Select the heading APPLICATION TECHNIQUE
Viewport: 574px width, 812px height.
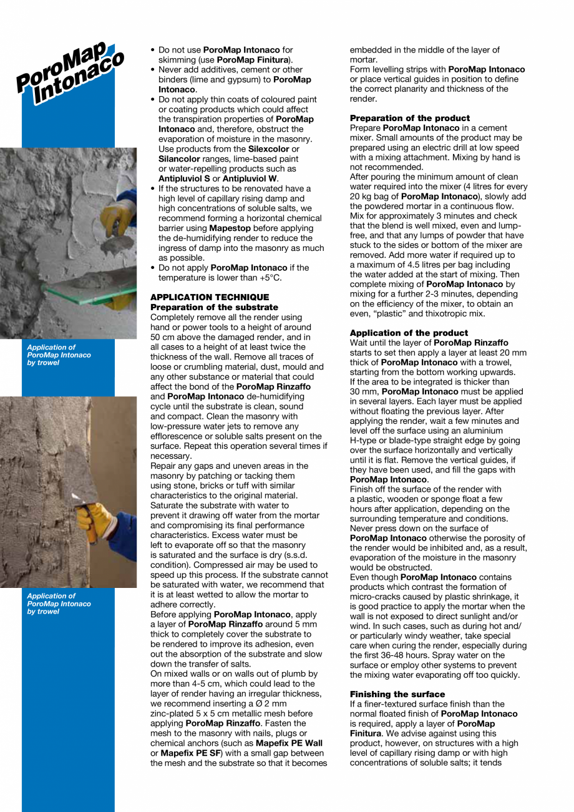tap(210, 297)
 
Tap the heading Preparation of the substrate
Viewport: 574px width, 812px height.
tap(214, 307)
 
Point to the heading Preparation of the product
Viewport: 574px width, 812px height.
tap(410, 118)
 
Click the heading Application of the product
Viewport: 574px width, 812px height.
tap(409, 333)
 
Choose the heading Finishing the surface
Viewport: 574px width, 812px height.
tap(397, 694)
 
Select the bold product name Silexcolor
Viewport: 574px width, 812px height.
tap(269, 149)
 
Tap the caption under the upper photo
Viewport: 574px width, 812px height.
tap(59, 355)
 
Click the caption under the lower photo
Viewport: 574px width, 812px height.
tap(59, 604)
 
